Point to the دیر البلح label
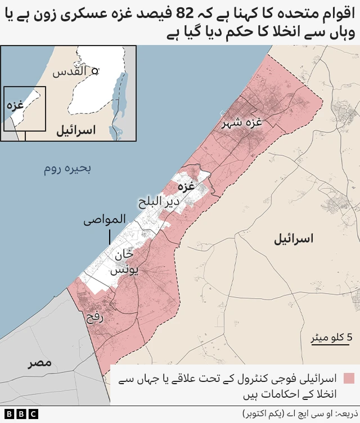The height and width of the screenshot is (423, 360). tap(159, 201)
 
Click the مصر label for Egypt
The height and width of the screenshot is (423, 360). tap(40, 363)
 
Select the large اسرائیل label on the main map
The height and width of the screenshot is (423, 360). tap(292, 239)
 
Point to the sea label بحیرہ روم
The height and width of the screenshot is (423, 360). tap(67, 168)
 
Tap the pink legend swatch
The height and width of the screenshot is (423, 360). tap(349, 379)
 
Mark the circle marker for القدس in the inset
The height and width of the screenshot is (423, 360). tap(96, 71)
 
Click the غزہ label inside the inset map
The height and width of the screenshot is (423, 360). tap(15, 105)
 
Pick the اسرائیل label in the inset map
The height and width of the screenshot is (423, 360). tap(75, 131)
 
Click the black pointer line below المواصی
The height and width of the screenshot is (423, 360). tap(110, 237)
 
